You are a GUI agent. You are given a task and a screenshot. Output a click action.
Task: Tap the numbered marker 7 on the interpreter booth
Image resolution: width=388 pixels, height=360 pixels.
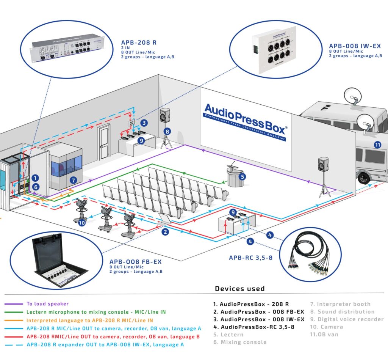[x=74, y=181]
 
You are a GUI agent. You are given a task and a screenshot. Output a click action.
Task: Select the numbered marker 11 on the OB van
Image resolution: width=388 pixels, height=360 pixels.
[x=377, y=145]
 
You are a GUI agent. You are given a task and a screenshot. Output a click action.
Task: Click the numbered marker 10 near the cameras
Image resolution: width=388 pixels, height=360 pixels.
[x=82, y=223]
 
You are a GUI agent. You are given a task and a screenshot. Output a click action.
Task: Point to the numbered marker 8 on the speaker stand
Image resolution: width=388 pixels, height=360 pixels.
[x=167, y=132]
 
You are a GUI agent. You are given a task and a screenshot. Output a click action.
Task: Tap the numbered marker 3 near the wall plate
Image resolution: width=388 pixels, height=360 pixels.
[x=144, y=123]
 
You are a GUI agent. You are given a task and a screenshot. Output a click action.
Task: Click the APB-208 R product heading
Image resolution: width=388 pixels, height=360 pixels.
[x=138, y=42]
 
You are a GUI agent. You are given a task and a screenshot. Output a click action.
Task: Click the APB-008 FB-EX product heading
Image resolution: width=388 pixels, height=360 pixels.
[x=136, y=262]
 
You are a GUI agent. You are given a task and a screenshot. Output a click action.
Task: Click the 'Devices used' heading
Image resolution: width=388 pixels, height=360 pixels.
[x=240, y=289]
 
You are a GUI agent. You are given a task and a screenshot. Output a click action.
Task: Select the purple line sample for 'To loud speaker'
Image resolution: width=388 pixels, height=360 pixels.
[x=14, y=304]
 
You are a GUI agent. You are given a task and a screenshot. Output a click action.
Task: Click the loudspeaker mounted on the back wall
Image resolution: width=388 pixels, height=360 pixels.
[x=165, y=115]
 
